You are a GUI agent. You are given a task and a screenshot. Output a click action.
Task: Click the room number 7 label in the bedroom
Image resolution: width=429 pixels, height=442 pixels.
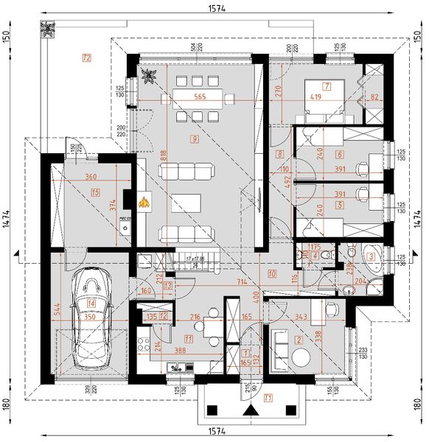tap(325, 86)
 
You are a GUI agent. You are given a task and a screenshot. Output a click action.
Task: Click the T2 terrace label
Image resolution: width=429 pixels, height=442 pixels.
tap(87, 57)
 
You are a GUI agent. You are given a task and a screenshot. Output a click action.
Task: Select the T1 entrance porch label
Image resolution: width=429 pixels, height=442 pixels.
tap(268, 398)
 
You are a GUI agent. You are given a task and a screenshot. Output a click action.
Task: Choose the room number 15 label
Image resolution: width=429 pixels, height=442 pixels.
tap(96, 192)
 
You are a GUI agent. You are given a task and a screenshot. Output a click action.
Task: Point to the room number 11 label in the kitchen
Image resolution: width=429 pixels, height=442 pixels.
tap(189, 340)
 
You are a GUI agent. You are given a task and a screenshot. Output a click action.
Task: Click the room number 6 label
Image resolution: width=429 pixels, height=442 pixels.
tap(339, 155)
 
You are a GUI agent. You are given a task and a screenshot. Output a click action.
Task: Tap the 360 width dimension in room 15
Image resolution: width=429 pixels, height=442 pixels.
tap(91, 178)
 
